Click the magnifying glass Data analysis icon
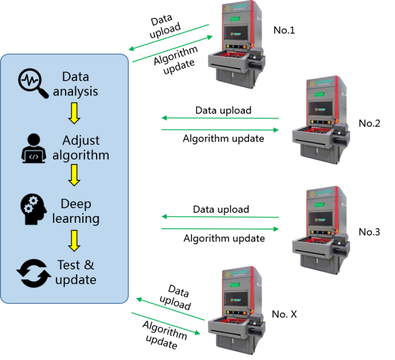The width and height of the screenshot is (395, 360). pyautogui.click(x=33, y=84)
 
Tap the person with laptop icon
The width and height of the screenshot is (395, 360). pyautogui.click(x=33, y=146)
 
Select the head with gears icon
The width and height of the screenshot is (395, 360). pyautogui.click(x=33, y=210)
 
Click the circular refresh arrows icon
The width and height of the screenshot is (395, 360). pyautogui.click(x=33, y=273)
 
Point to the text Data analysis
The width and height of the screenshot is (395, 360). pyautogui.click(x=75, y=84)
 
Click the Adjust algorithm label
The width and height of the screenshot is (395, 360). pyautogui.click(x=80, y=148)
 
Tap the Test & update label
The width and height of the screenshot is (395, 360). pyautogui.click(x=76, y=273)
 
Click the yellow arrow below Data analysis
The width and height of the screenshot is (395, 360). pyautogui.click(x=74, y=114)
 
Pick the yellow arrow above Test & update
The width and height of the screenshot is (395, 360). pyautogui.click(x=74, y=240)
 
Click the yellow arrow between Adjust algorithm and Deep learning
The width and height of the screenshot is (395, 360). pyautogui.click(x=74, y=177)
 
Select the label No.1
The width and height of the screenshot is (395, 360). pyautogui.click(x=284, y=30)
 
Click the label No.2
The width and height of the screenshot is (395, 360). pyautogui.click(x=369, y=123)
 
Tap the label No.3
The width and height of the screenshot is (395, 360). pyautogui.click(x=369, y=231)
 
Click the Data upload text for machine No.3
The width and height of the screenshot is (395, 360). pyautogui.click(x=221, y=209)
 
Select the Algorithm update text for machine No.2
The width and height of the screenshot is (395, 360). pyautogui.click(x=223, y=138)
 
